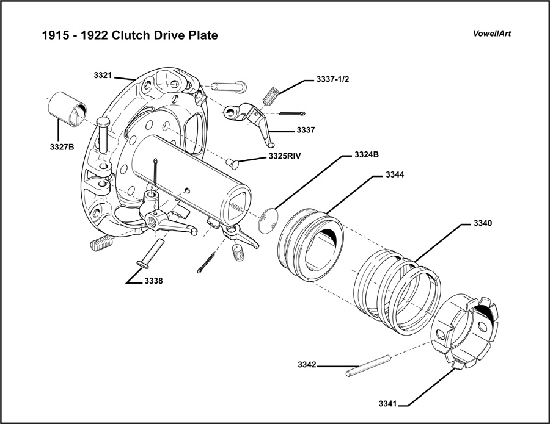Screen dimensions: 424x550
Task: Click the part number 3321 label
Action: (103, 75)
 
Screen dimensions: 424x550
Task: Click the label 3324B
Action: (367, 155)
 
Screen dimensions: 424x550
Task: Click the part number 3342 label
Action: (307, 365)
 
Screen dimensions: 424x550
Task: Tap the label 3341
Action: (387, 404)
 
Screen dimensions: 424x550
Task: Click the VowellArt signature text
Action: (492, 34)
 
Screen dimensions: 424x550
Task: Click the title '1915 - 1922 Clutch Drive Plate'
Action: (129, 35)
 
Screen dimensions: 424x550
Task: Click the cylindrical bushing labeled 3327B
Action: (68, 109)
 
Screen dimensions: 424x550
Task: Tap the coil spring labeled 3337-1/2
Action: (273, 96)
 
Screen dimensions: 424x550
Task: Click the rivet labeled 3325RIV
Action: (232, 163)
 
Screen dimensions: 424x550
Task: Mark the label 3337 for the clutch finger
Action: (306, 130)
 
